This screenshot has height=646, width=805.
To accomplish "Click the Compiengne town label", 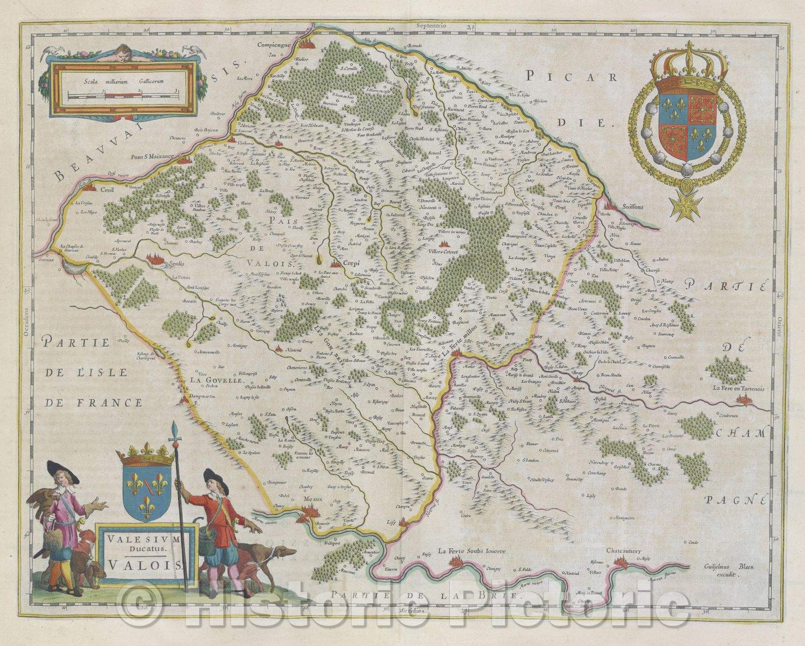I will pos(275,44).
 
